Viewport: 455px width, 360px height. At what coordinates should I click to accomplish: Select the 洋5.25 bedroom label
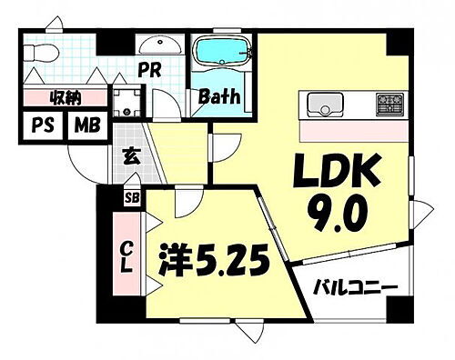coord(215,264)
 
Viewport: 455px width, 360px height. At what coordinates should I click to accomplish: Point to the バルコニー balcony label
coord(356,288)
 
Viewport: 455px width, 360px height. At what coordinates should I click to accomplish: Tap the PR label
coord(149,68)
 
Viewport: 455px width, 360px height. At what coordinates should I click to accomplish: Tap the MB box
coord(88,125)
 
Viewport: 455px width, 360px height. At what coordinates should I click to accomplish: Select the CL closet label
coord(128,255)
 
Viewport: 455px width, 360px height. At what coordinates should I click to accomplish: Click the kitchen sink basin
coord(323,104)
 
